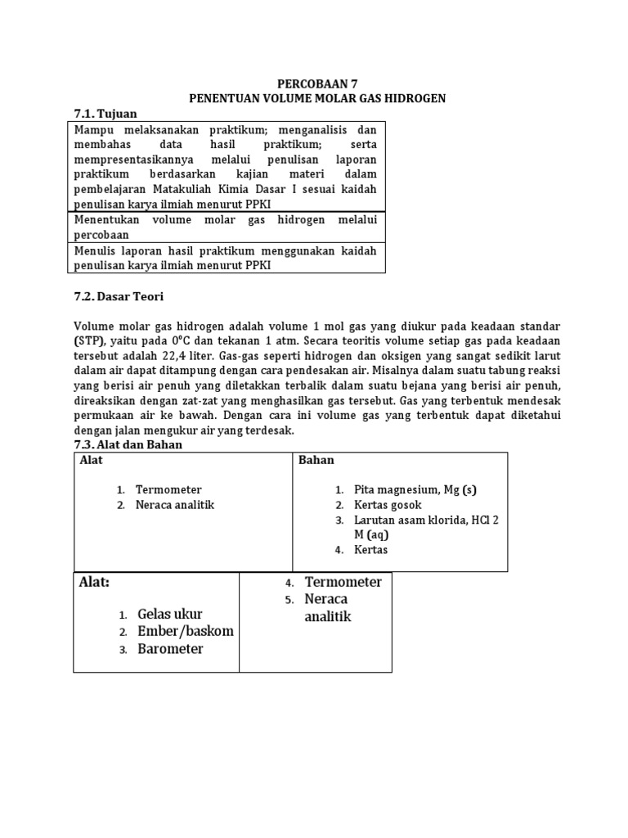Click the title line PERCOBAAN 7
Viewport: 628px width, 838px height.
tap(316, 83)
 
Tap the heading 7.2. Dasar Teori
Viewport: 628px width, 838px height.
tap(119, 295)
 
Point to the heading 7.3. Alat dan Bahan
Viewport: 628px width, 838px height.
tap(128, 444)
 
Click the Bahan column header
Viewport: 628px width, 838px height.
tap(316, 461)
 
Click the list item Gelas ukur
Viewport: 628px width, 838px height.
tap(170, 614)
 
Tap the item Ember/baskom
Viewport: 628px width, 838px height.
tap(186, 631)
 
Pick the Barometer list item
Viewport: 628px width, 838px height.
tap(170, 649)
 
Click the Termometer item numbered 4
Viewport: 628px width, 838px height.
tap(343, 582)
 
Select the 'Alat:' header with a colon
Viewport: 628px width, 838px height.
tap(95, 583)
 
